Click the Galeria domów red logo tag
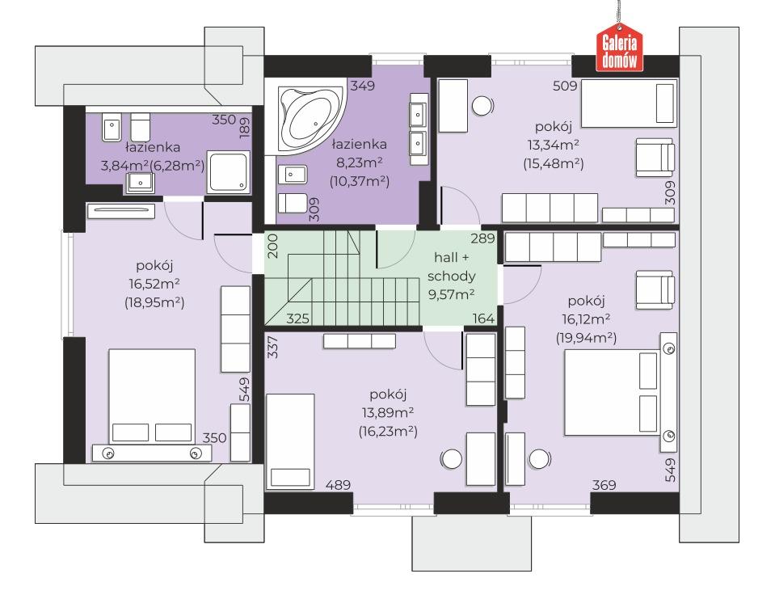619,49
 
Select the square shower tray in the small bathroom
228,172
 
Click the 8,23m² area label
360,162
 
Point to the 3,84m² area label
125,166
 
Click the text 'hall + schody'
451,267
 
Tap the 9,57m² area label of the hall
451,295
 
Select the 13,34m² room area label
554,145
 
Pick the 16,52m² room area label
154,284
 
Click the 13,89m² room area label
388,413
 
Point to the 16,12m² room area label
586,319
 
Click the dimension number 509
565,86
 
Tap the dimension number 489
338,485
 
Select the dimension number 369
604,485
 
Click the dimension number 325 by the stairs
297,318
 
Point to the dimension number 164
483,318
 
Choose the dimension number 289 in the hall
482,238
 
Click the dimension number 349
362,86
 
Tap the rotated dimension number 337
273,348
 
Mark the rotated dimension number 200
273,246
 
